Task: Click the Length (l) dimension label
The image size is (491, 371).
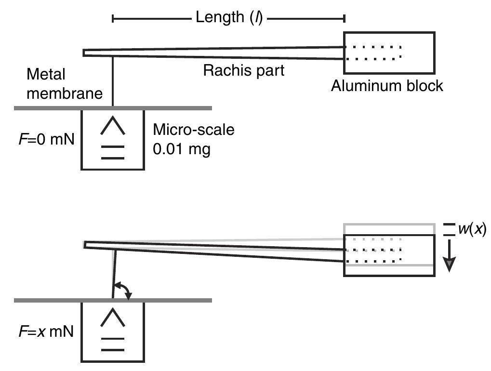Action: pos(229,18)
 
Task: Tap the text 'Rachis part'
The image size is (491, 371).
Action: pos(243,70)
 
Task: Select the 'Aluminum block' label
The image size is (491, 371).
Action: pos(387,86)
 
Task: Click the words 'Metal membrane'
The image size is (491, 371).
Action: pos(65,84)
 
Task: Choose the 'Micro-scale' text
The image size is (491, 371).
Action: pos(194,130)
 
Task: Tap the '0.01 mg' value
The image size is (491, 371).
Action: pos(181,149)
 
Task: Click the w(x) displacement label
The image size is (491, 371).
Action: pos(472,229)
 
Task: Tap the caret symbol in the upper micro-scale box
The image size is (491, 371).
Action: pos(112,127)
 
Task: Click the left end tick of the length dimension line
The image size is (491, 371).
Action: pos(113,18)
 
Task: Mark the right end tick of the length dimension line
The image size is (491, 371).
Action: pos(344,18)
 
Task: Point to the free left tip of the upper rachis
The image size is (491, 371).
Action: pos(85,53)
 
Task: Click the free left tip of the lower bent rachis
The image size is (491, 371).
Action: pos(85,245)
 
